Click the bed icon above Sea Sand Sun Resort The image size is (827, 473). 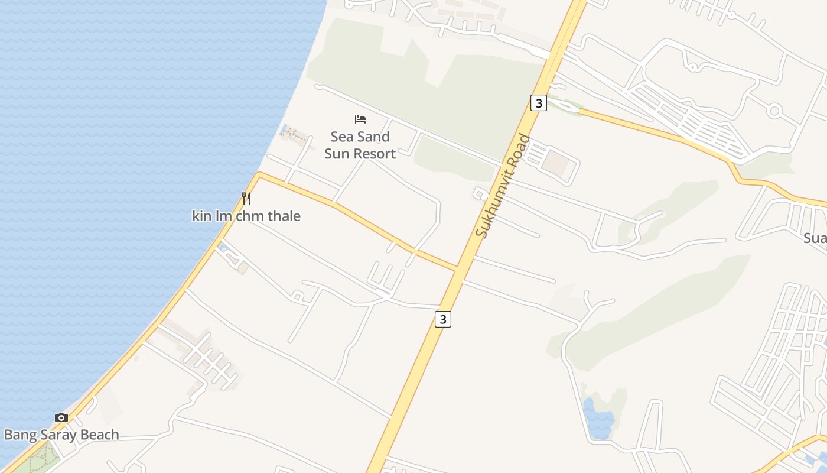pyautogui.click(x=360, y=119)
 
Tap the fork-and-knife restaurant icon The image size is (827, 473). pyautogui.click(x=246, y=198)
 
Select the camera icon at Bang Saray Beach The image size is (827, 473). pyautogui.click(x=61, y=418)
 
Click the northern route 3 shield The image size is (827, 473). pyautogui.click(x=538, y=103)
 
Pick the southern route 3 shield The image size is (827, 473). pyautogui.click(x=443, y=319)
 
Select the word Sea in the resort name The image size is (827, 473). pyautogui.click(x=341, y=137)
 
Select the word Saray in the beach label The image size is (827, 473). pyautogui.click(x=57, y=435)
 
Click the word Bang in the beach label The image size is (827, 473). pyautogui.click(x=18, y=435)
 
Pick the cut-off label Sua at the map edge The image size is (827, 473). pyautogui.click(x=815, y=238)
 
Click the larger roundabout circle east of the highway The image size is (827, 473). pyautogui.click(x=774, y=110)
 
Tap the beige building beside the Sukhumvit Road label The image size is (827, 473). pyautogui.click(x=554, y=163)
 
